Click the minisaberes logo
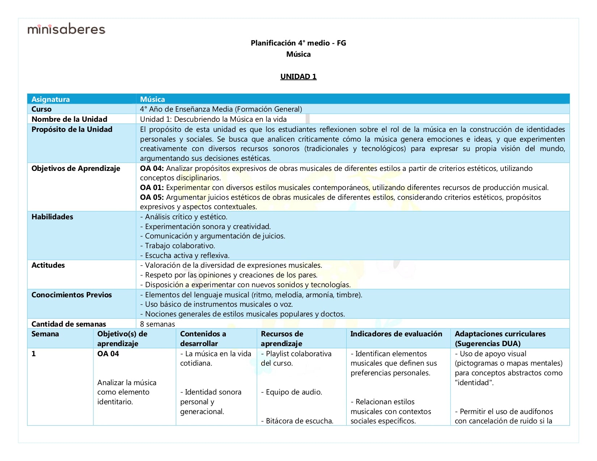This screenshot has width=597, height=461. click(x=66, y=29)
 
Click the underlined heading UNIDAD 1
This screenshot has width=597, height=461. click(x=298, y=77)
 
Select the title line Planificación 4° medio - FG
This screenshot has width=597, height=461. click(x=298, y=43)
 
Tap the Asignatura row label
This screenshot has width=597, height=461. click(x=51, y=99)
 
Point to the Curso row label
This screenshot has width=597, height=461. click(x=42, y=109)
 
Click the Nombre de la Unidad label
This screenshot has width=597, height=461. click(x=69, y=119)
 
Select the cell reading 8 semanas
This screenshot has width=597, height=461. click(x=157, y=324)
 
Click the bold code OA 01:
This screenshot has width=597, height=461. click(x=152, y=188)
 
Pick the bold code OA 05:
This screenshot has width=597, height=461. click(x=152, y=197)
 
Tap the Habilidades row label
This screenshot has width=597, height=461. click(x=52, y=217)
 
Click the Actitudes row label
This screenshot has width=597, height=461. click(x=48, y=265)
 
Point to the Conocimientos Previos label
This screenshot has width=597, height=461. click(x=72, y=295)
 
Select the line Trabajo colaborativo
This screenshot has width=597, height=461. click(x=180, y=246)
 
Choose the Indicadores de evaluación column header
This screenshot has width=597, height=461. click(x=396, y=334)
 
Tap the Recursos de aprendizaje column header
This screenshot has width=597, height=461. click(x=282, y=339)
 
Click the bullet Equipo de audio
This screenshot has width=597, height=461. click(x=292, y=392)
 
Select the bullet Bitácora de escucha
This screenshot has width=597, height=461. click(x=297, y=421)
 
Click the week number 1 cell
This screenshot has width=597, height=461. click(x=34, y=354)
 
